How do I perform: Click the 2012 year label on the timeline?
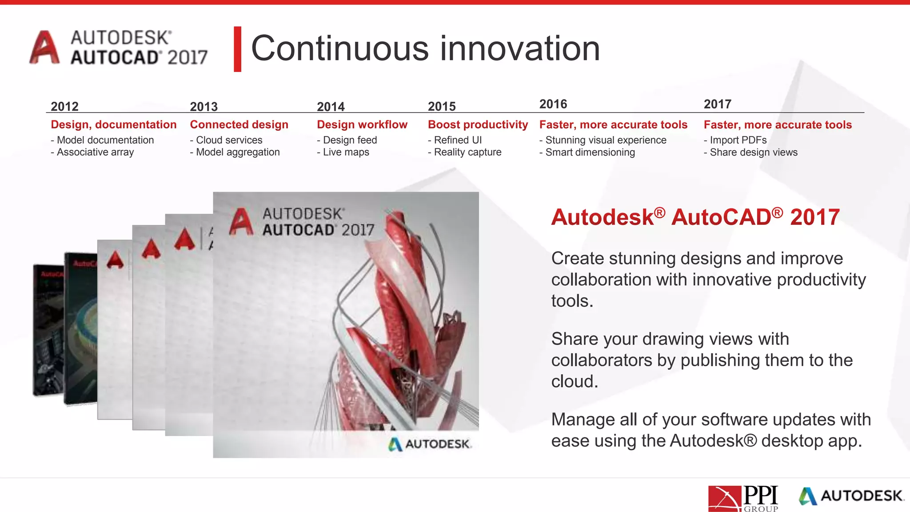(64, 106)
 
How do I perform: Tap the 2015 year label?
(442, 106)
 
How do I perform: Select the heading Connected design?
(239, 124)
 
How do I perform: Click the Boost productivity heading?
(478, 124)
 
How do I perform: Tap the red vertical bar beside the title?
(238, 49)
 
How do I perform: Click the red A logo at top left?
(44, 48)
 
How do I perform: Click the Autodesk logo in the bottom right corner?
(851, 496)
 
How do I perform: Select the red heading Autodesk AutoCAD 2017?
(695, 217)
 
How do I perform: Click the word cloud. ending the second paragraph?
(575, 381)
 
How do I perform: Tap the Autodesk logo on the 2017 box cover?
(429, 444)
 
